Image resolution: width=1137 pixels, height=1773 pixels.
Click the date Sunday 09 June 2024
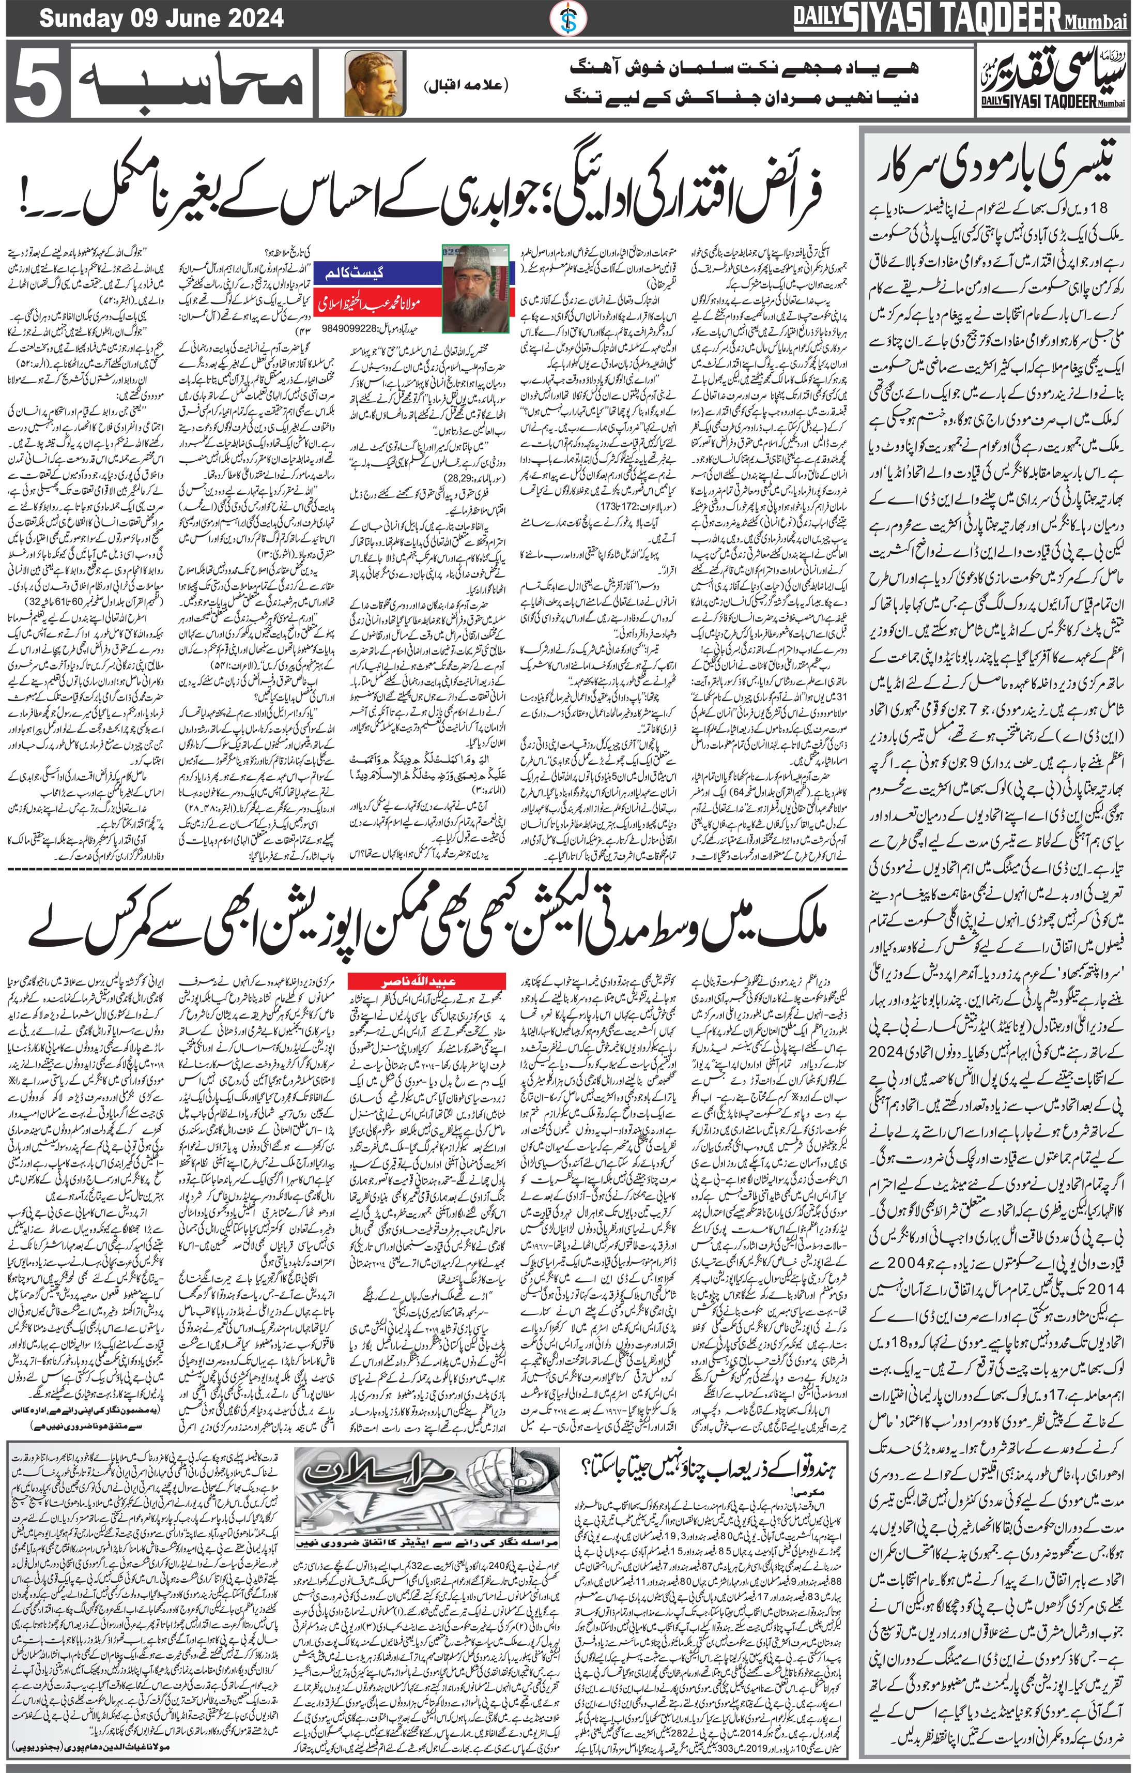[161, 17]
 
